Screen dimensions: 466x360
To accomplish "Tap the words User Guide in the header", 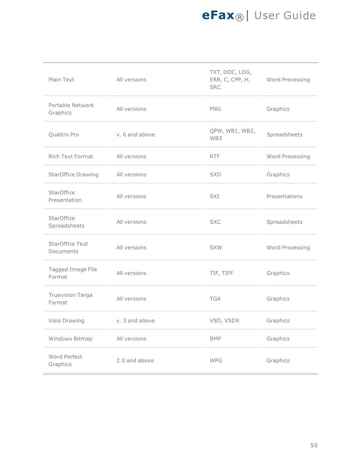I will tap(285, 16).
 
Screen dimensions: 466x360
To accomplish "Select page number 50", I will tap(314, 445).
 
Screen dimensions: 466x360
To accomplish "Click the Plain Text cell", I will tap(61, 80).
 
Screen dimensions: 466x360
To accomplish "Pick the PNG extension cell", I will tap(215, 109).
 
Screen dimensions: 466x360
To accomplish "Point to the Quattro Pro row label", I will tap(64, 135).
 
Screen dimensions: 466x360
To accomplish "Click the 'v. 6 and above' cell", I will tap(135, 135).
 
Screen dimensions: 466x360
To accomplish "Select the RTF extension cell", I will tap(214, 157).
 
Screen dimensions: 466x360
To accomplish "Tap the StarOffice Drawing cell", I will tap(73, 175).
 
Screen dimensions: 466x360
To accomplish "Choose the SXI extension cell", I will tap(214, 196).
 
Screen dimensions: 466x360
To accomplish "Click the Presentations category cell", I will tap(284, 196).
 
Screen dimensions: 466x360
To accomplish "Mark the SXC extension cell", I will tap(215, 222).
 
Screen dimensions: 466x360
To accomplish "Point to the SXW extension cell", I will tap(216, 248).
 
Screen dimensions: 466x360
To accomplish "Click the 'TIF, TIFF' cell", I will tap(221, 273).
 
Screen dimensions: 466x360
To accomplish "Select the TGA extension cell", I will tap(215, 299).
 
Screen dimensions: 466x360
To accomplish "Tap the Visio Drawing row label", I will tap(66, 321).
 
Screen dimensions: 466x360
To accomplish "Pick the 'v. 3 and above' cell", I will tap(135, 321).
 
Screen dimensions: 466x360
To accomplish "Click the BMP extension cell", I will tap(215, 339).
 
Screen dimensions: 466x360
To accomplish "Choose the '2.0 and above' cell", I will tap(135, 361).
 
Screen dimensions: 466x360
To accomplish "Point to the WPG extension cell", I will tap(216, 361).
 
